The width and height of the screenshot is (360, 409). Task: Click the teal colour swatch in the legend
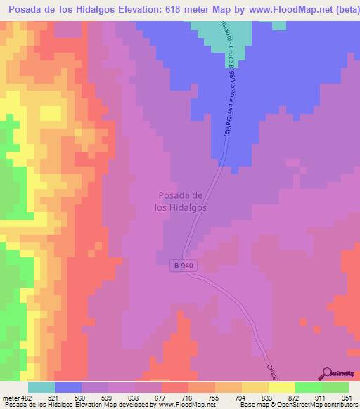click(x=41, y=388)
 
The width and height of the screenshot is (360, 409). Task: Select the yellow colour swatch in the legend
click(x=281, y=388)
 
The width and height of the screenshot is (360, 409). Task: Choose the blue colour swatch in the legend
click(x=67, y=388)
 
